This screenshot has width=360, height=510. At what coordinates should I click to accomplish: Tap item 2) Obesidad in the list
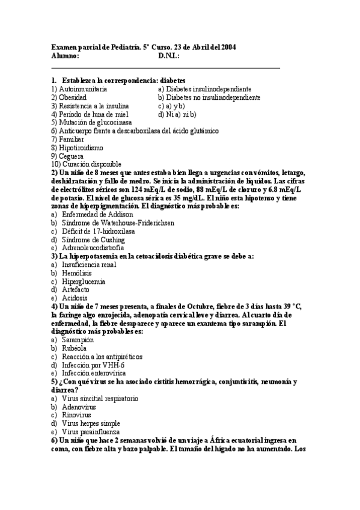[69, 97]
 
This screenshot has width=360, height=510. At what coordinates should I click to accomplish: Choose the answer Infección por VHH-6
[93, 364]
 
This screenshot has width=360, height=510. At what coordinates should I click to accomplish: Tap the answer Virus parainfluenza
[91, 431]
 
